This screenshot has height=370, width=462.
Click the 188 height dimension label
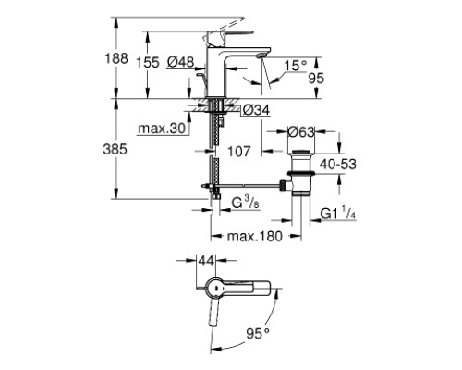point(116,58)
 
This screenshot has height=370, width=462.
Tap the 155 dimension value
point(148,63)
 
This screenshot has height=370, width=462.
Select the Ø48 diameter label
point(181,63)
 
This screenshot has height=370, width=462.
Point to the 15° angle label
point(295,66)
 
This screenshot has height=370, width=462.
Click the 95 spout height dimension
point(316,79)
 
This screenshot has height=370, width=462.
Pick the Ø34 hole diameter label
point(256,110)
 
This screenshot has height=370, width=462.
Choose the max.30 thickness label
point(162,129)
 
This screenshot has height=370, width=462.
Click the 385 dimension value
point(115,150)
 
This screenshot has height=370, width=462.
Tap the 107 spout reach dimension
point(239,152)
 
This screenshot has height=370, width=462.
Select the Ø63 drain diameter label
point(301,132)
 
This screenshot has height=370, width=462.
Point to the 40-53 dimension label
point(338,164)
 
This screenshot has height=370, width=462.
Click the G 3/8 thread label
point(245,203)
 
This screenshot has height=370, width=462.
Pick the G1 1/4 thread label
point(338,214)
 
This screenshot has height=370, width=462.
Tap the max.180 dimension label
point(255,237)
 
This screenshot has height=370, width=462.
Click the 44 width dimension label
point(206,261)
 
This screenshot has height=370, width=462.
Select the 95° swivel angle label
point(258,333)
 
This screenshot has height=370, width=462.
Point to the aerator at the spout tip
point(261,55)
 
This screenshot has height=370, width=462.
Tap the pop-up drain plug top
point(300,152)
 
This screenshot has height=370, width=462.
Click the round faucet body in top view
point(214,288)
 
